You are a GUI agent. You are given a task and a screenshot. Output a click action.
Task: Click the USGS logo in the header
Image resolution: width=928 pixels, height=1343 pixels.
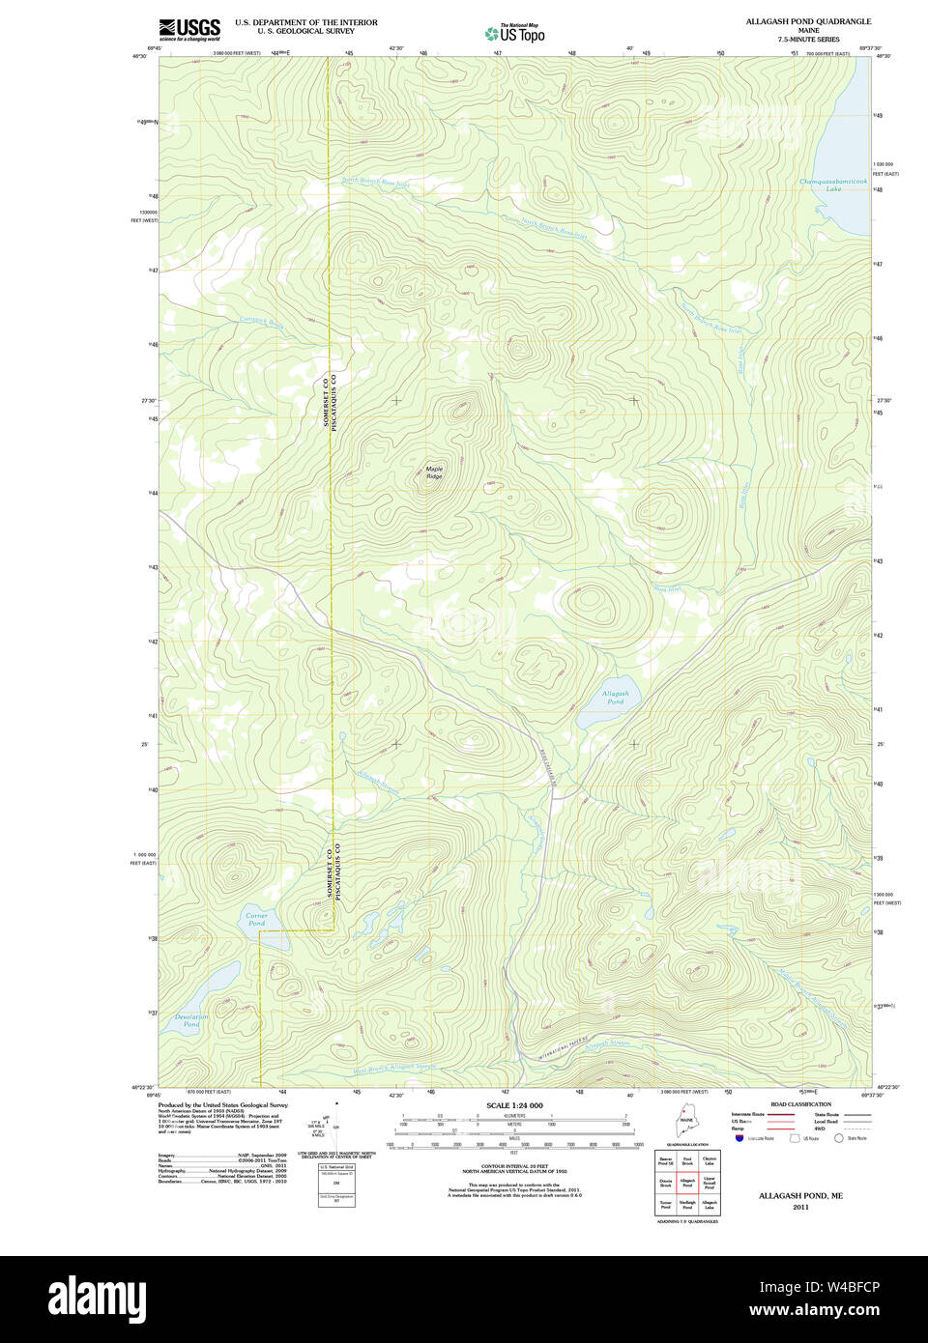pyautogui.click(x=189, y=29)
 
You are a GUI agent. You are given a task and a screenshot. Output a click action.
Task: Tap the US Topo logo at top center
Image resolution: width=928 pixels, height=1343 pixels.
pyautogui.click(x=515, y=33)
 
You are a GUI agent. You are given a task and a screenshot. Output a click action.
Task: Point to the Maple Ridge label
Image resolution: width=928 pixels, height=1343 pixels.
pyautogui.click(x=434, y=472)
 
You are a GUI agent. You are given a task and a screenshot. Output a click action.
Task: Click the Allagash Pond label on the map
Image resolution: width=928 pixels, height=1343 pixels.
pyautogui.click(x=615, y=697)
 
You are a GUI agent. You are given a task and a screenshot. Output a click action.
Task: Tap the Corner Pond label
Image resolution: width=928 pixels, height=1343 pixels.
pyautogui.click(x=255, y=919)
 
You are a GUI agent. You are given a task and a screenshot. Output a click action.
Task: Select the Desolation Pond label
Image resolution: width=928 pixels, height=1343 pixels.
pyautogui.click(x=191, y=1020)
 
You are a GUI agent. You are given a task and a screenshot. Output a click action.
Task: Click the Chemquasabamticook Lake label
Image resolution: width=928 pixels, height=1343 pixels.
pyautogui.click(x=833, y=185)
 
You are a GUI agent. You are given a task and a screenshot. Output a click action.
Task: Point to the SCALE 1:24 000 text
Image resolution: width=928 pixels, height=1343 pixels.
pyautogui.click(x=514, y=1105)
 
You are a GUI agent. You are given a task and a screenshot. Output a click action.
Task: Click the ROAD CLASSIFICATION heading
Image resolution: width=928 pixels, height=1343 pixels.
pyautogui.click(x=799, y=1104)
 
